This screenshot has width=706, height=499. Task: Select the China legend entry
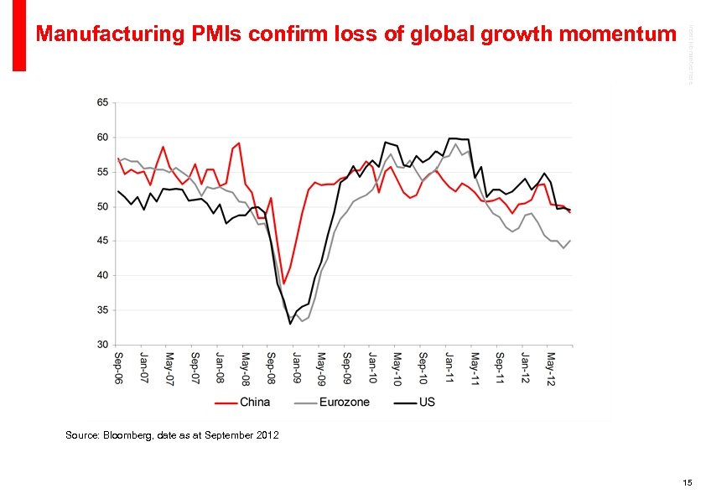click(x=255, y=402)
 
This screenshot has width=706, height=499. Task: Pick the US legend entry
click(x=426, y=402)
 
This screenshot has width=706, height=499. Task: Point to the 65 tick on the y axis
click(x=101, y=102)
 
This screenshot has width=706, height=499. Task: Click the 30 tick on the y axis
click(x=101, y=345)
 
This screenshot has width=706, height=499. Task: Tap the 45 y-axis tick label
click(x=101, y=241)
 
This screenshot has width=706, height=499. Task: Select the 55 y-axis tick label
click(x=101, y=172)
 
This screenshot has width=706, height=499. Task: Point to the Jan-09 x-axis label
click(x=296, y=367)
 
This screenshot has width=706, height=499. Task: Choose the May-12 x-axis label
click(x=551, y=367)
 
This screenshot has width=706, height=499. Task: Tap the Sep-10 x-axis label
click(x=423, y=367)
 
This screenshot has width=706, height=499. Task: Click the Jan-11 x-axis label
click(x=449, y=367)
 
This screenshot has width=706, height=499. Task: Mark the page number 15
click(x=688, y=482)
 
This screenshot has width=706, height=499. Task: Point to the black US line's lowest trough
click(x=290, y=324)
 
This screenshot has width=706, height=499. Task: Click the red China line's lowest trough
click(x=284, y=283)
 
